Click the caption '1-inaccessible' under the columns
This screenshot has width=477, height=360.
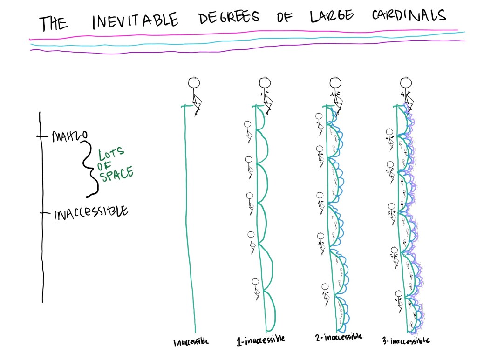click(x=260, y=340)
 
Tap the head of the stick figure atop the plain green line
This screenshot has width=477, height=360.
click(x=194, y=83)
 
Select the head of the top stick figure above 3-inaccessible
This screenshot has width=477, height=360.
click(x=406, y=83)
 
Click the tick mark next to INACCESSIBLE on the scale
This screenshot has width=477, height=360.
click(x=43, y=213)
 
